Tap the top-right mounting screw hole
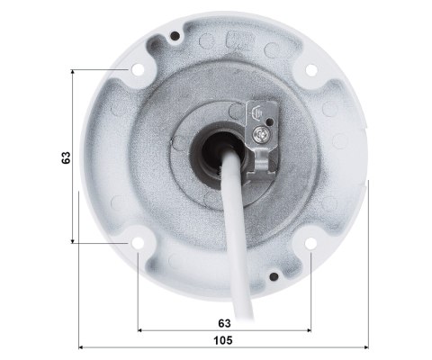[x=310, y=70]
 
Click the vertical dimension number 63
[x=67, y=157]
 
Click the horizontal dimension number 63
[x=224, y=321]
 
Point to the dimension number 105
[x=224, y=340]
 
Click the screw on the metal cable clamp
[x=260, y=132]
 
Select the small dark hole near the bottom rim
[x=273, y=276]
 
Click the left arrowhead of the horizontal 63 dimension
[x=140, y=330]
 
